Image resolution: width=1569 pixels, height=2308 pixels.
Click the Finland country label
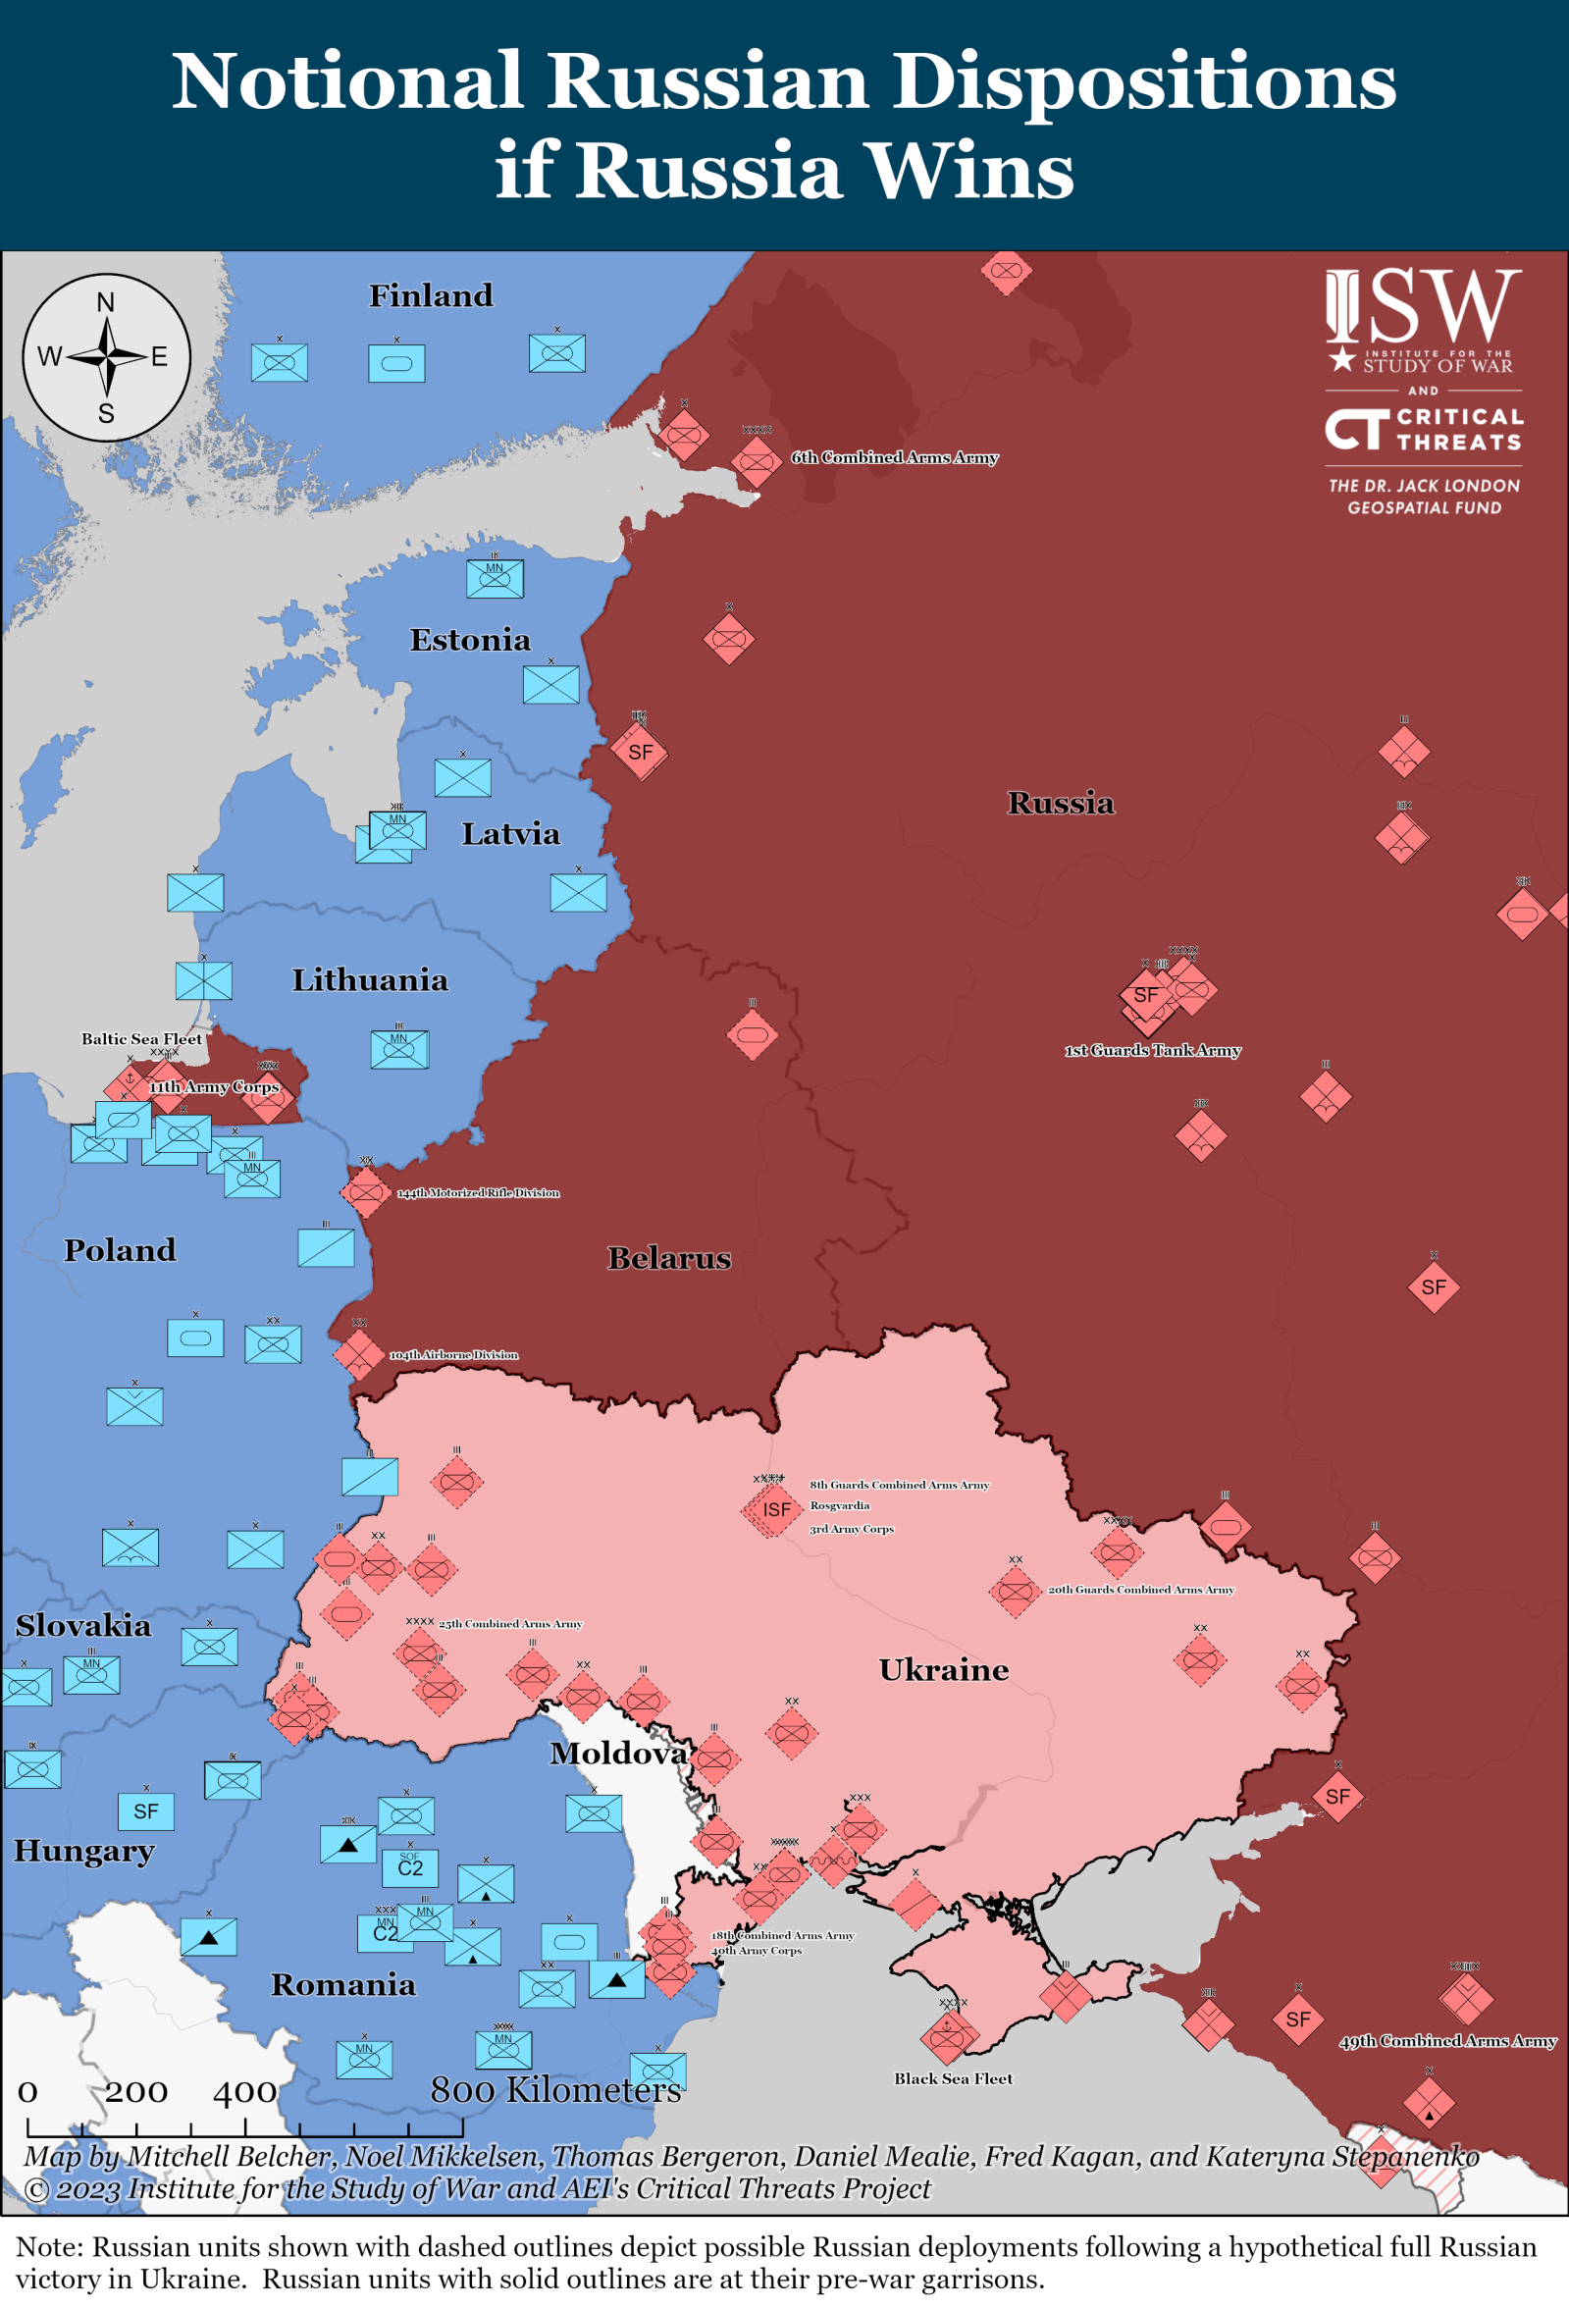tap(430, 296)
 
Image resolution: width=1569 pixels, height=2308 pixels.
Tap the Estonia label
tap(470, 641)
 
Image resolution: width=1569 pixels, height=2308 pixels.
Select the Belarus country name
tap(668, 1258)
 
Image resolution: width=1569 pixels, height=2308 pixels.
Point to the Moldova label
tap(617, 1753)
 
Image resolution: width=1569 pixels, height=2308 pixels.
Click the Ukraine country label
tap(942, 1669)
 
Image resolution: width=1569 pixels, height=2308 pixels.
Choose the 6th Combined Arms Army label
tap(894, 458)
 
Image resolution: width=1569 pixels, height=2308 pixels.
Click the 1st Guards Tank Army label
tap(1152, 1051)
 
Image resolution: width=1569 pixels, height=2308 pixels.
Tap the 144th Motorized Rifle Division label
tap(478, 1192)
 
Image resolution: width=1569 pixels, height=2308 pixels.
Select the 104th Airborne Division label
tap(452, 1354)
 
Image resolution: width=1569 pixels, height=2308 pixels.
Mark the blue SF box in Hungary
tap(146, 1811)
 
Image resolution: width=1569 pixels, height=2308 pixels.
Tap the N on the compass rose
tap(105, 303)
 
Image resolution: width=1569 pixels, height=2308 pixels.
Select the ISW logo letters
tap(1422, 306)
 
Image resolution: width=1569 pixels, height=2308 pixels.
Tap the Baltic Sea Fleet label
tap(141, 1039)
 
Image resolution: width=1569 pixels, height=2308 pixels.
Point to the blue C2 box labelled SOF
tap(410, 1868)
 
